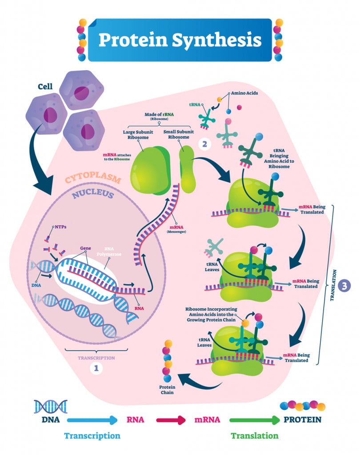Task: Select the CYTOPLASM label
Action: pos(93,180)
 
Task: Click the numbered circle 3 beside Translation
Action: pos(344,286)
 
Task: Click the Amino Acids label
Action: pos(243,94)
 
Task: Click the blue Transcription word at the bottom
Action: pos(92,435)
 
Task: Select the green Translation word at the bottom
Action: pos(255,435)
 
